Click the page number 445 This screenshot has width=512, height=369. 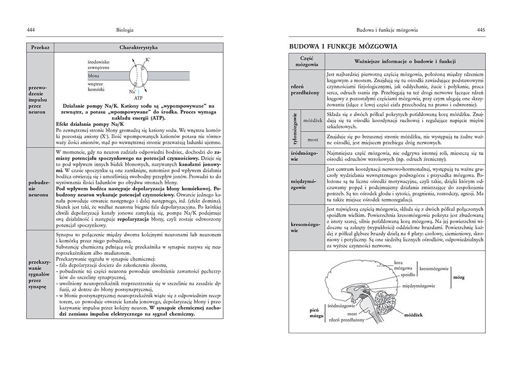pyautogui.click(x=481, y=30)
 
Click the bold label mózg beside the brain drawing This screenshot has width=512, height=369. pyautogui.click(x=459, y=276)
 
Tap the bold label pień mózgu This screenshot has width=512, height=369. pyautogui.click(x=315, y=313)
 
